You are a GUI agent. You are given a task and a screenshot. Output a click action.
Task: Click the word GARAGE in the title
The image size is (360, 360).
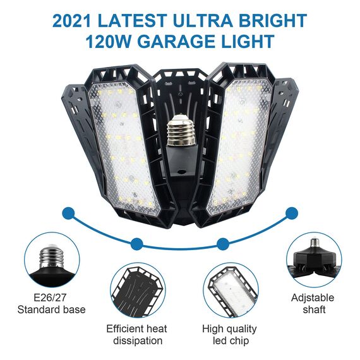point(179,43)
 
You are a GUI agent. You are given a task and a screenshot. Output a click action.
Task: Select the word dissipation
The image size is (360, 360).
point(137,341)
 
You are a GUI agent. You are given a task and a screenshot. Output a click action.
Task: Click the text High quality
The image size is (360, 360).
point(229,329)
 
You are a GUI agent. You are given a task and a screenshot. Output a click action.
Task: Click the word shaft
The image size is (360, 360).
point(313,310)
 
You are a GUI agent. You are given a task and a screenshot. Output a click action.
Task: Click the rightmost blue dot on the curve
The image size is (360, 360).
point(291,213)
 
